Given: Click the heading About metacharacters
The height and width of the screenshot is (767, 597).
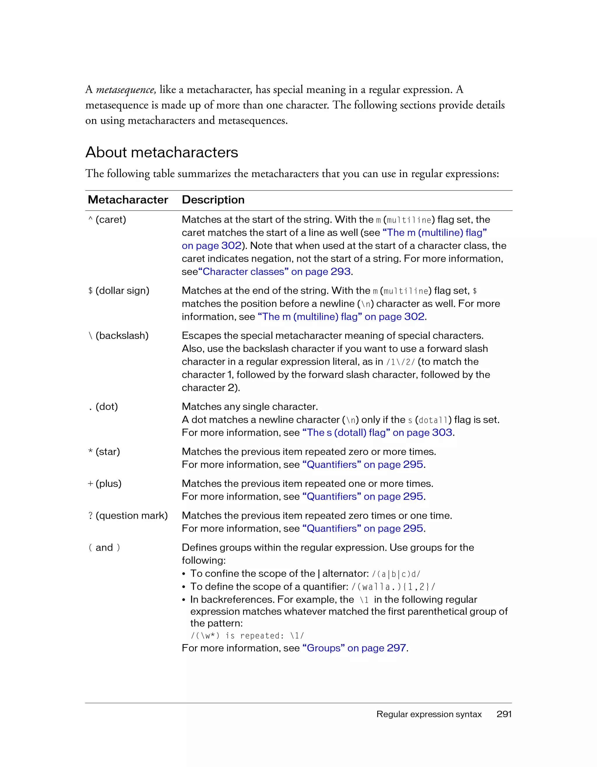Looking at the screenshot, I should point(161,152).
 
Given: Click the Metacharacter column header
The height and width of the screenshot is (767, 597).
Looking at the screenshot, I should point(128,200).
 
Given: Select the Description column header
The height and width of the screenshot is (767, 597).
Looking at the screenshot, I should point(213,200).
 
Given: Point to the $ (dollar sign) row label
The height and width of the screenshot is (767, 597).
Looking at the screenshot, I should point(119,291).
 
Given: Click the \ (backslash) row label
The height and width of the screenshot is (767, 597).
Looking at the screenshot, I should point(118,336).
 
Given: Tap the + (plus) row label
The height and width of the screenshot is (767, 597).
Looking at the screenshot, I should point(104,484).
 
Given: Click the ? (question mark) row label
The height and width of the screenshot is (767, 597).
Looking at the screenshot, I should point(128,516).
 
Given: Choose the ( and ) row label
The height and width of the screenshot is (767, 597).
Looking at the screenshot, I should point(104,548).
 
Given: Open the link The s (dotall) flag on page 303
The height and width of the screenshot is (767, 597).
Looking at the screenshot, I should point(377,433).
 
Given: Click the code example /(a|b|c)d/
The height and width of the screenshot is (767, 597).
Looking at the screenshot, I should point(396,574).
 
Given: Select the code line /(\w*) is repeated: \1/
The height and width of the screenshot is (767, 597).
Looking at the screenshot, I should point(247,636).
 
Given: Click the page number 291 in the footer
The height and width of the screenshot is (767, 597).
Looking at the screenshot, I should point(504,714).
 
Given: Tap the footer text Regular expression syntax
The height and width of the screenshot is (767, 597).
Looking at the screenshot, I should point(429,714).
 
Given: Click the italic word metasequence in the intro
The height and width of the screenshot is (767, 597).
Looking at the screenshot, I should point(126,90).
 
